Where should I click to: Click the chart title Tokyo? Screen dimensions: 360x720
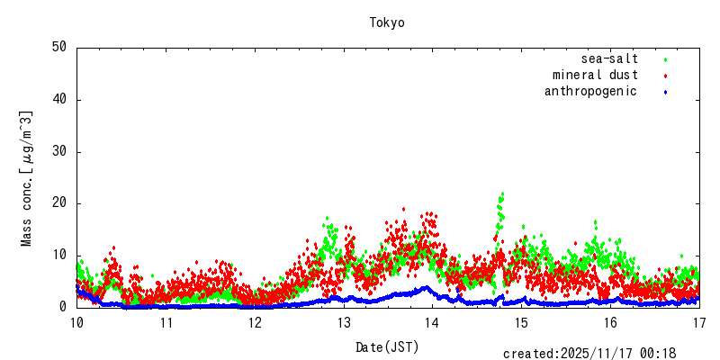387,22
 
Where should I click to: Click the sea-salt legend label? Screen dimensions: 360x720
609,58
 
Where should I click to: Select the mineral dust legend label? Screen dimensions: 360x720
595,75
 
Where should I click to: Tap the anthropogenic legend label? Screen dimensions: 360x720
590,91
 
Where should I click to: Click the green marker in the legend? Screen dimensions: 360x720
666,59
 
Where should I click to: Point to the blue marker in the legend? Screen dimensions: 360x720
666,92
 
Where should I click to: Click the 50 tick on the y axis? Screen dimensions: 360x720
59,48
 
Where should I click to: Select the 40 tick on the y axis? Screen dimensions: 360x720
59,100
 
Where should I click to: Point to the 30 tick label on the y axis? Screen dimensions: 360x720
59,151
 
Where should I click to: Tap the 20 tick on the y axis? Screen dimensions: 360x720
59,203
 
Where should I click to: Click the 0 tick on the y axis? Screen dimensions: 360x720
63,307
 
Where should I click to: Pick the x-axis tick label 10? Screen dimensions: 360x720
76,322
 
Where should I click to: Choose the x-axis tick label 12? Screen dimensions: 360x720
255,322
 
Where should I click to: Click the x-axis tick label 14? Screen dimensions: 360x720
432,322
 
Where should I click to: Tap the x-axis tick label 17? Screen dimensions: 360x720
699,322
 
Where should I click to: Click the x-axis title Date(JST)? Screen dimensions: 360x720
387,346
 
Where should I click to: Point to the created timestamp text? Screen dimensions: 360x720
589,354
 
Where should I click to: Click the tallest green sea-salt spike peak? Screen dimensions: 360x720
501,193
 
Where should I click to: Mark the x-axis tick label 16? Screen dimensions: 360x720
610,322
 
